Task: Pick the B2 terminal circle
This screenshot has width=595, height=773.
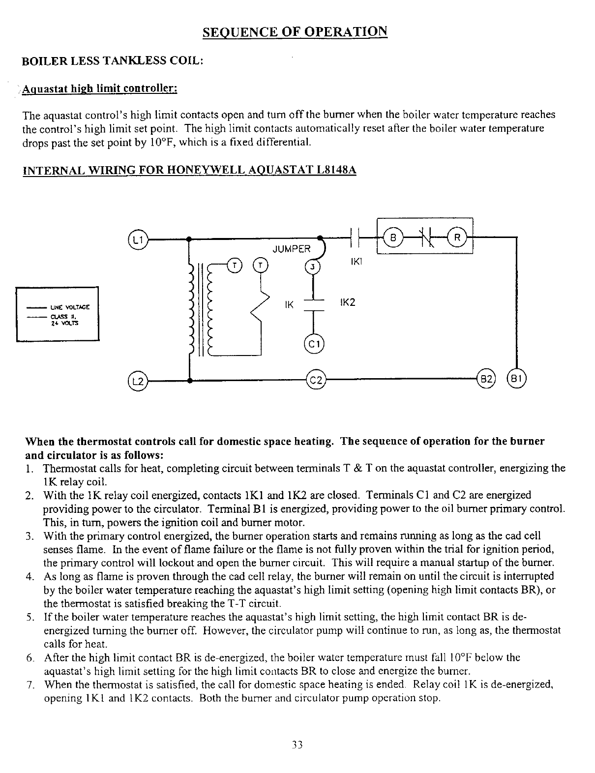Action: point(486,380)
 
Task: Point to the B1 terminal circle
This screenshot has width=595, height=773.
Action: point(516,380)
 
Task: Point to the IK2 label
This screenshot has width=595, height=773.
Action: point(347,302)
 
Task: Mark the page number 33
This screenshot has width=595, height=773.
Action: point(297,744)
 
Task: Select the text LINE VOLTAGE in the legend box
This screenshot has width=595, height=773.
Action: point(69,307)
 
